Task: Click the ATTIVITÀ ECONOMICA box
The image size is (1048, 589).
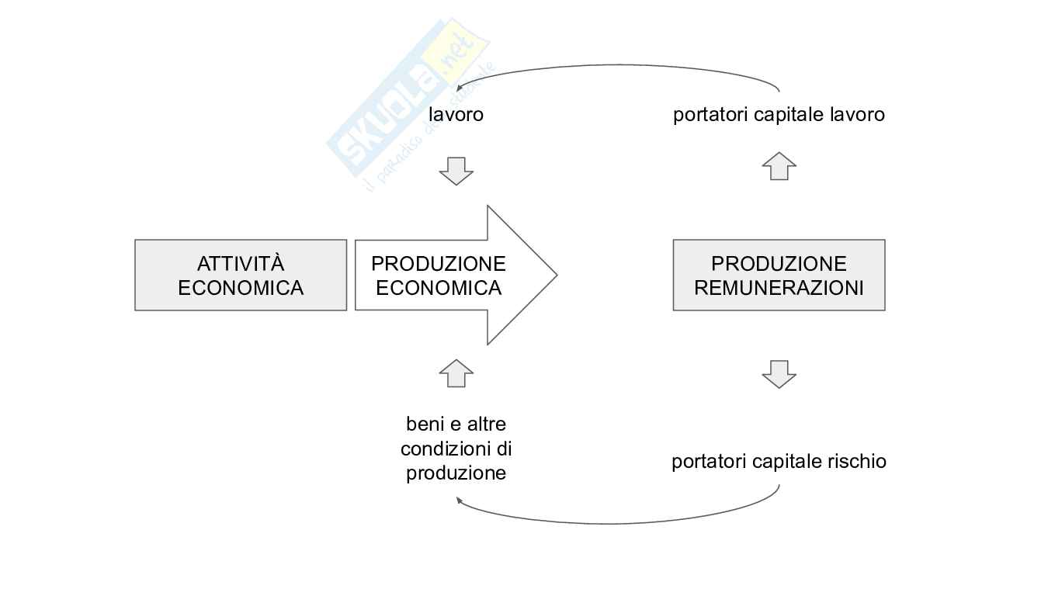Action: coord(241,275)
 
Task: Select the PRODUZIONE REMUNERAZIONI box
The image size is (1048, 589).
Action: coord(779,275)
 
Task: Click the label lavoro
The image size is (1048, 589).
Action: coord(456,115)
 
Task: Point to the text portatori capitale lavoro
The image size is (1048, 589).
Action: coord(779,115)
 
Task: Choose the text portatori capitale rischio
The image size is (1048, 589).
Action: coord(779,462)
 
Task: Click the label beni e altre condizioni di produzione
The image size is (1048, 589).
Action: coord(456,449)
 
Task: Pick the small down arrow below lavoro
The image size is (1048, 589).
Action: coord(456,171)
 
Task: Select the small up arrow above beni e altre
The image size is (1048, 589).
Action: coord(456,373)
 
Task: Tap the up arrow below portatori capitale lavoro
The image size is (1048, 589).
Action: coord(779,166)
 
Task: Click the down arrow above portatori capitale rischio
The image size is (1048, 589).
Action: coord(779,374)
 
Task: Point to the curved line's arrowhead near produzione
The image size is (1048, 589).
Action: coord(460,501)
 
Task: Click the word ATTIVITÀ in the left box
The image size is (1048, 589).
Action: coord(241,264)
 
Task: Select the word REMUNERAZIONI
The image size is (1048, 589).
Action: coord(779,288)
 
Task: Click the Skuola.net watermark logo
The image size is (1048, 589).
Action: coord(408,101)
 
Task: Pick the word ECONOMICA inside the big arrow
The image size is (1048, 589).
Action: coord(439,288)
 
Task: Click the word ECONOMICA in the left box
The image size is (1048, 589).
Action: coord(241,288)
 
